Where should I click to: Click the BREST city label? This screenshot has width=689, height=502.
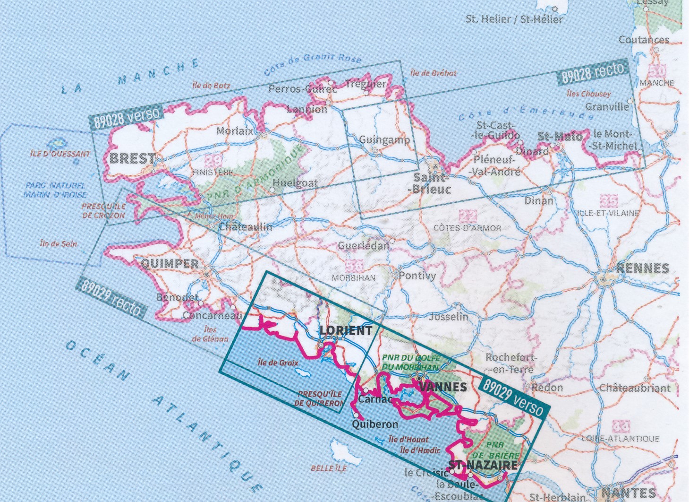pos(132,158)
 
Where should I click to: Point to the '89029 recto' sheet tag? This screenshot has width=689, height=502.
pos(111,298)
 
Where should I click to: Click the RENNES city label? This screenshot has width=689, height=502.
pos(643,268)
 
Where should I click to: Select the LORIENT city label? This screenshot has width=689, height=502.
pos(346,330)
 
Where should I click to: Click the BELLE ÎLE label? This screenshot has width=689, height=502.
pos(328,468)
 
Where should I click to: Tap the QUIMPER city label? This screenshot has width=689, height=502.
pos(170,263)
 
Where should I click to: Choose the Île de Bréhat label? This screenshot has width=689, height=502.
pos(433,73)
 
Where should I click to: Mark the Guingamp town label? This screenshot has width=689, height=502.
pos(384,140)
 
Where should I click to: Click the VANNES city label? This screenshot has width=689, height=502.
pos(442,387)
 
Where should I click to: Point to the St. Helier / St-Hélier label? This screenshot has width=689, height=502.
pos(514,19)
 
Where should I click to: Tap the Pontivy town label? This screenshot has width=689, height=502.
pos(417,275)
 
